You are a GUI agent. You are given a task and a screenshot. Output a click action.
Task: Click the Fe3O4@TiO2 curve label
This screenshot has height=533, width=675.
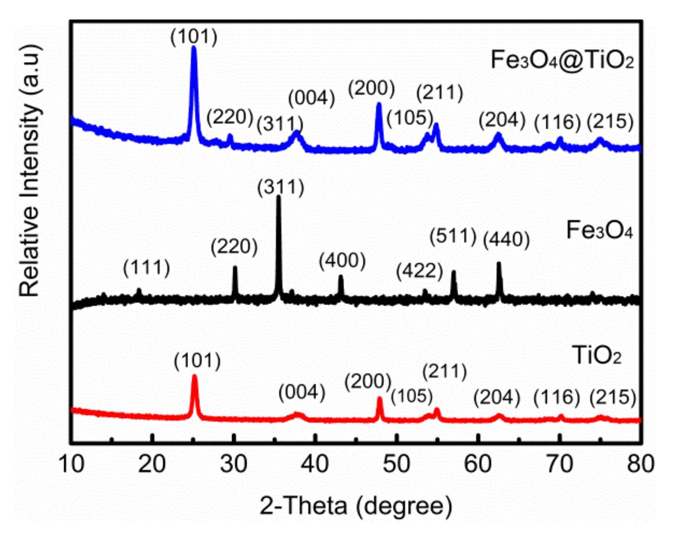tap(562, 60)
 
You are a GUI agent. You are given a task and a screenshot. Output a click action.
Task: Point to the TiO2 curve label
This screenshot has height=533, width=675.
tap(597, 355)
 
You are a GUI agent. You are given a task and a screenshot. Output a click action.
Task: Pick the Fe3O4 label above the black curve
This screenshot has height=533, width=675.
tap(599, 230)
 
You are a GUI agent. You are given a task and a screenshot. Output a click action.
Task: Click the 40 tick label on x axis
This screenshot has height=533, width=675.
tap(315, 464)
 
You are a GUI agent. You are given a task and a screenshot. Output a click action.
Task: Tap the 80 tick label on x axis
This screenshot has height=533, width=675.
tap(640, 464)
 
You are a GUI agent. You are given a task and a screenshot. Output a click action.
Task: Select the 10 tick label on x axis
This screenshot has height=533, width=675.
tap(71, 464)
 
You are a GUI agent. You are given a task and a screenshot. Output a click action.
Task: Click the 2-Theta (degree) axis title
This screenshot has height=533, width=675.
tap(356, 506)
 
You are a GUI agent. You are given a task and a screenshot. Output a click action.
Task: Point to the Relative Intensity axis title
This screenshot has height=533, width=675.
tap(30, 170)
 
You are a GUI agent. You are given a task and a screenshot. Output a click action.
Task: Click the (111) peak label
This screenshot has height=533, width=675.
tap(146, 268)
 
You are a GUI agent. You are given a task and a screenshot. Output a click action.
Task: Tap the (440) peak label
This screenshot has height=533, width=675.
tap(507, 239)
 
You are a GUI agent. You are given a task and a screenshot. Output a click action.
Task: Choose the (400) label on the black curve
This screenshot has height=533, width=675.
tap(342, 261)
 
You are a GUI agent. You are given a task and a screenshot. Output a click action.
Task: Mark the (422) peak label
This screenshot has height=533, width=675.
tap(420, 271)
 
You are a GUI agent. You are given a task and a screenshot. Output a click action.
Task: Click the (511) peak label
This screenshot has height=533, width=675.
tap(453, 237)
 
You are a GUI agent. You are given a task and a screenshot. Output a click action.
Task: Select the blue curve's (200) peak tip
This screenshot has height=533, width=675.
tap(379, 104)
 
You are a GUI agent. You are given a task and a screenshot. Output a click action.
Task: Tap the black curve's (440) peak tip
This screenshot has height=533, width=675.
tap(499, 263)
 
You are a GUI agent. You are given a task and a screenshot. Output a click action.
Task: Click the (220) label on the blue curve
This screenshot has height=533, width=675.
tap(230, 117)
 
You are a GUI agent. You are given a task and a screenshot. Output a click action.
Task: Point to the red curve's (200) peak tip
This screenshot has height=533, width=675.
tap(380, 399)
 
